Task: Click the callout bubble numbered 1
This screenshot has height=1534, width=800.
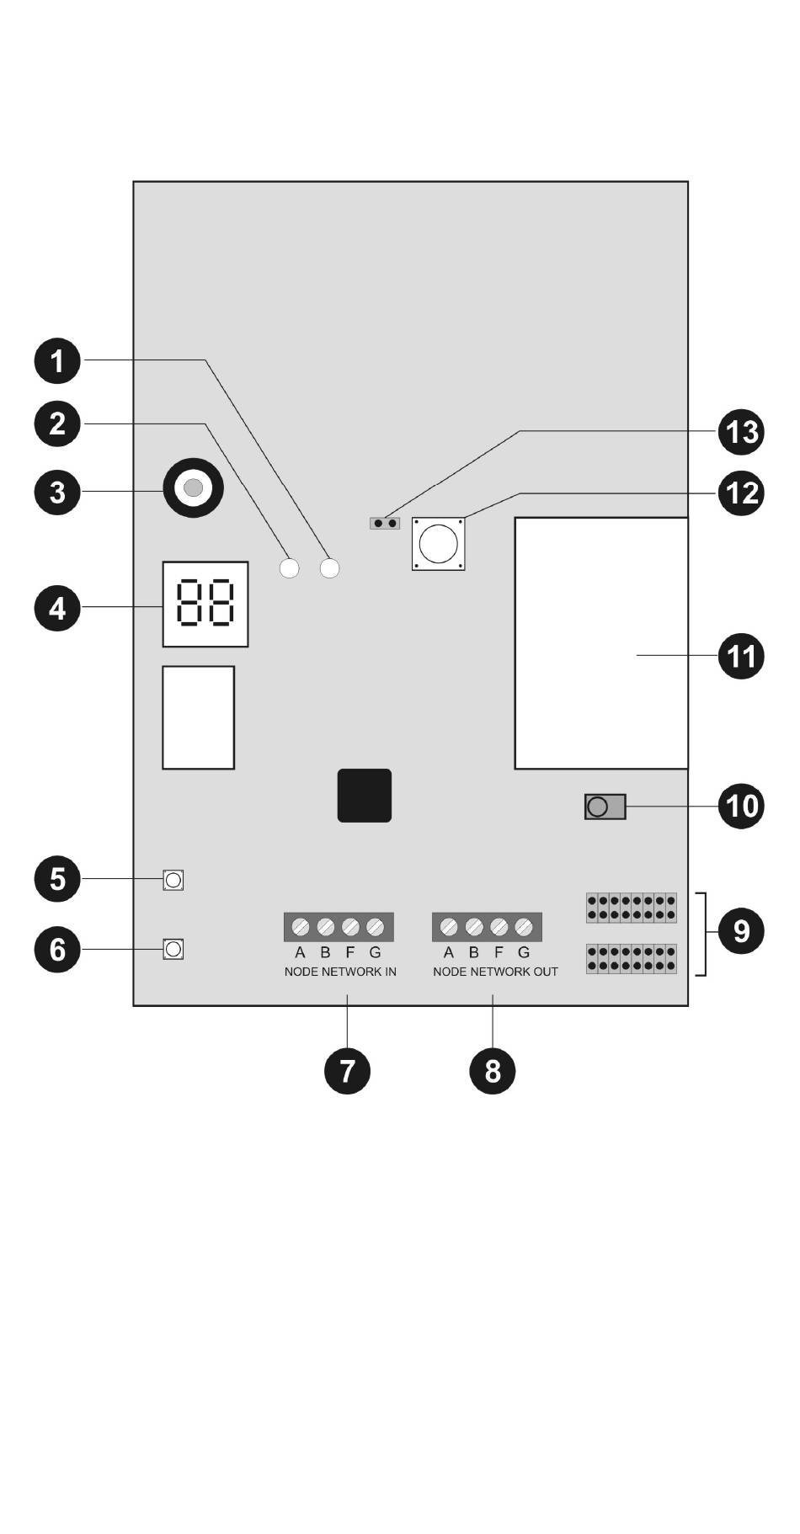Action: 56,361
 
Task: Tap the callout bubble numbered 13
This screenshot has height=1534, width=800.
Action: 741,432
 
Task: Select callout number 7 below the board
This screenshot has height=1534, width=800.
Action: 347,1071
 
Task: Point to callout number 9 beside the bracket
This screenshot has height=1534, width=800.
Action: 741,931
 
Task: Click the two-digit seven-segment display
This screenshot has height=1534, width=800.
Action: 205,604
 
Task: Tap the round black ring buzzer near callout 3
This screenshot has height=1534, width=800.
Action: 194,487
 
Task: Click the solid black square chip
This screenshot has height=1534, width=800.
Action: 364,795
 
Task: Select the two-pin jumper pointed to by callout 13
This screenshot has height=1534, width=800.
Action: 385,523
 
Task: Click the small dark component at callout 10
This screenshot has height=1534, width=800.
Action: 605,807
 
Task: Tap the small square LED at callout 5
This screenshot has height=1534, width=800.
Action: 173,881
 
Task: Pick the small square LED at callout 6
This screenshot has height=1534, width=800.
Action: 173,950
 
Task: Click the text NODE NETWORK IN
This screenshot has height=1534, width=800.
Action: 340,972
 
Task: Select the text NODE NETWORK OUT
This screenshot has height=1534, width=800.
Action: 495,972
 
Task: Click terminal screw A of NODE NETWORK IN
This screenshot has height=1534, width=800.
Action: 300,927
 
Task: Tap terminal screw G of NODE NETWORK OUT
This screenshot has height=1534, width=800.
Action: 524,927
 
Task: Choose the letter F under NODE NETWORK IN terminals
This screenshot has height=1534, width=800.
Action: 350,953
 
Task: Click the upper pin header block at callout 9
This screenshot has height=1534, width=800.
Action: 631,908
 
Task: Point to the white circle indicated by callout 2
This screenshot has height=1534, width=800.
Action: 289,568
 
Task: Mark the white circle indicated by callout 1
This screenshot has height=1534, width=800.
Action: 330,568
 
